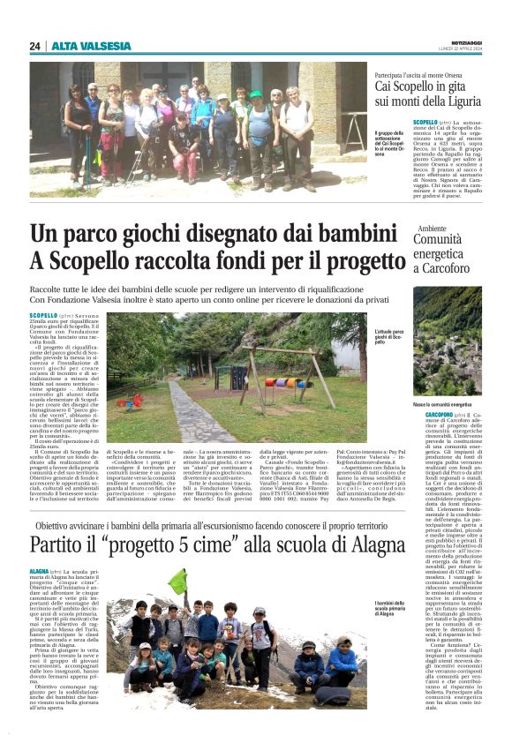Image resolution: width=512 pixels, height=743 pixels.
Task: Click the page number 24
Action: click(x=35, y=46)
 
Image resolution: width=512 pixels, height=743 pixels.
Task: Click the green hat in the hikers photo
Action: click(x=256, y=94)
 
